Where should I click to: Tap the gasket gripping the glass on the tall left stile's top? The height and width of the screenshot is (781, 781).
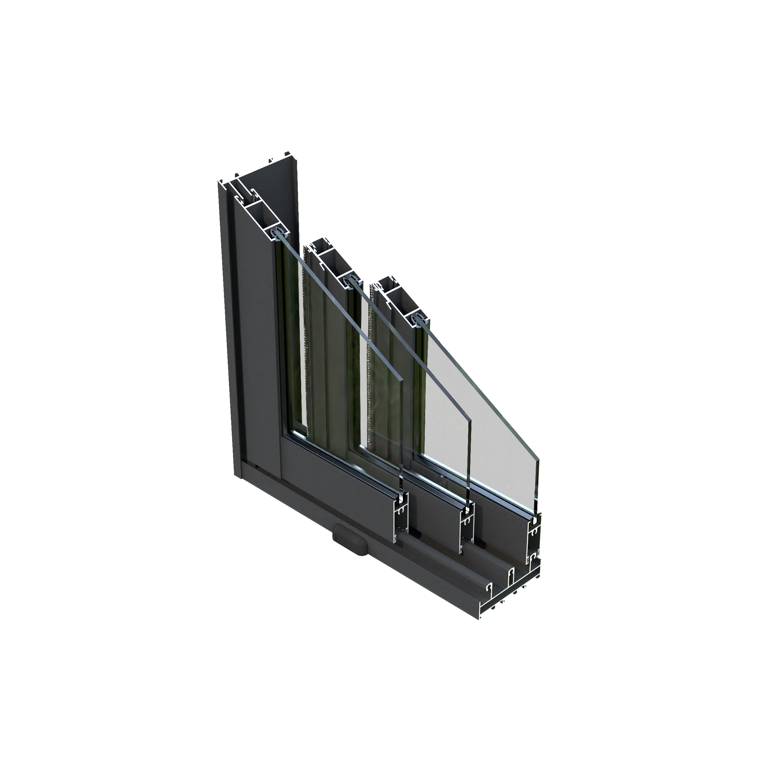[x=279, y=234]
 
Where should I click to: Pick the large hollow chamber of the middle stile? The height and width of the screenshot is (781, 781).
[x=333, y=262]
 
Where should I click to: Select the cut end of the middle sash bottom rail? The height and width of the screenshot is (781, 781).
[x=467, y=530]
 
